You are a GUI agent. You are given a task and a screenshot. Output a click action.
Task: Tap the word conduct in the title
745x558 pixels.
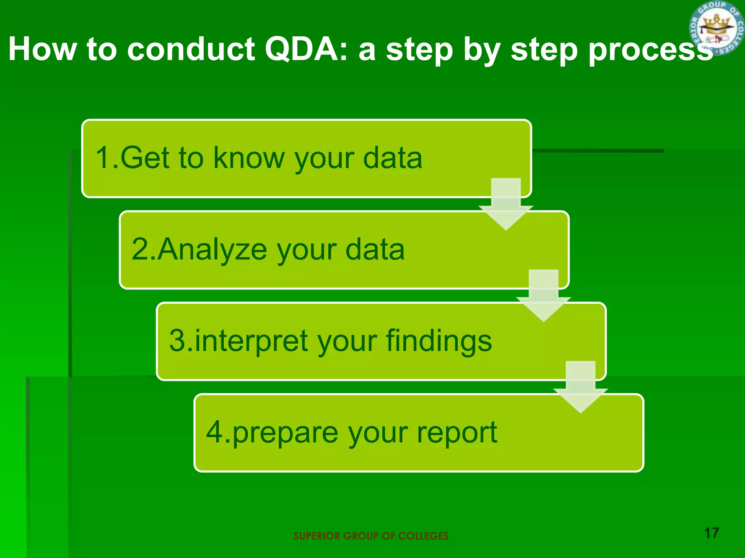click(191, 49)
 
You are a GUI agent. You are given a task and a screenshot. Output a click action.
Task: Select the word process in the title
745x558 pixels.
click(650, 50)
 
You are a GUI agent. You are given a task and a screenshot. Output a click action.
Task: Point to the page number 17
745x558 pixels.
click(712, 533)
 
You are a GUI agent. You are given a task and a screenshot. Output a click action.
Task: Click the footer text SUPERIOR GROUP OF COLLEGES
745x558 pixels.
click(371, 536)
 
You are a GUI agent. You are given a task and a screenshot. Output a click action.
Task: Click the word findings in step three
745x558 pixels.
click(438, 341)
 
